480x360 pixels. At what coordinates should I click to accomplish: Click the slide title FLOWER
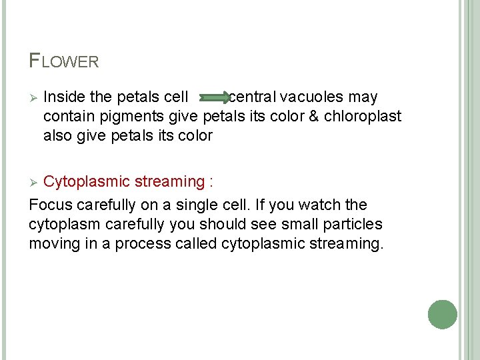click(x=64, y=61)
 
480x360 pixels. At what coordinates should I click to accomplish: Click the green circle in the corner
click(x=442, y=315)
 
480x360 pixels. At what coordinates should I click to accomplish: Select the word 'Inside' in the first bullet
click(x=63, y=98)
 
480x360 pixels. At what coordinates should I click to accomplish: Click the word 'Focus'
click(x=51, y=205)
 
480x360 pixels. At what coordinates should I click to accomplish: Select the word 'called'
click(x=195, y=243)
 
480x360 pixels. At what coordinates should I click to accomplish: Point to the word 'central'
click(x=251, y=98)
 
